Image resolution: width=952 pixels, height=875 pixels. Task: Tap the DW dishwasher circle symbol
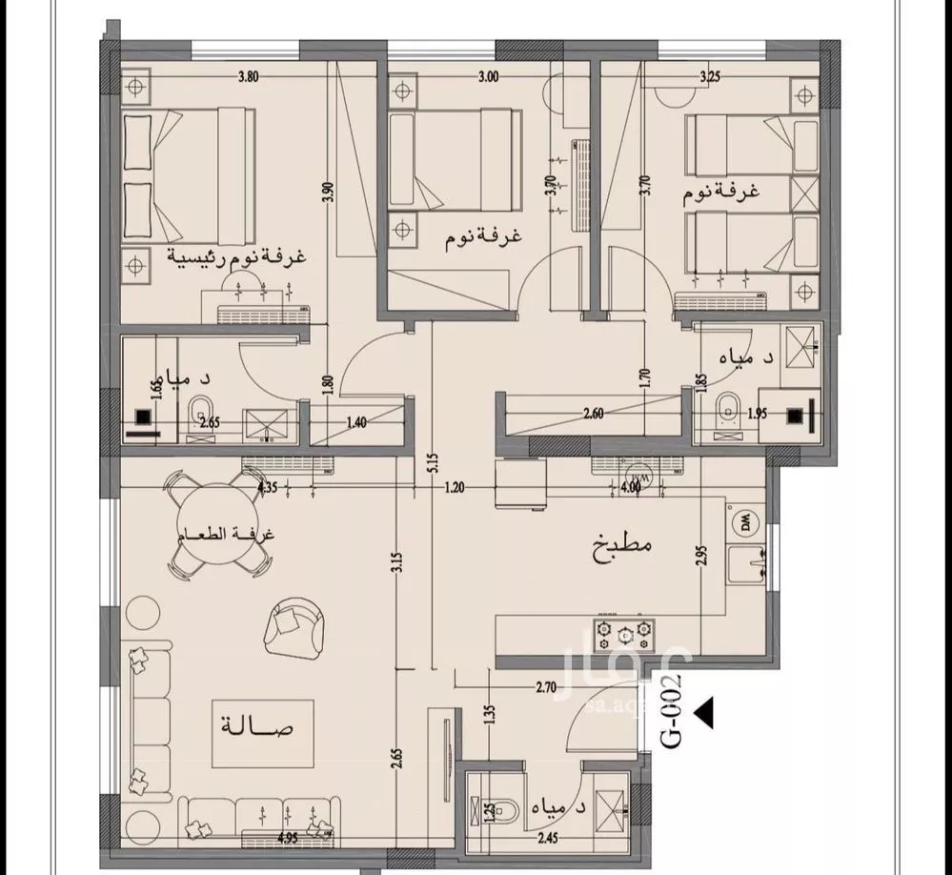tap(741, 522)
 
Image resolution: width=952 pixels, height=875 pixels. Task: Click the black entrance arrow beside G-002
tap(706, 711)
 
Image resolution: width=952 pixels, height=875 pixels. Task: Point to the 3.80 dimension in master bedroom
tap(249, 76)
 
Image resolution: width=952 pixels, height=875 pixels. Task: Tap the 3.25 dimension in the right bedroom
tap(709, 76)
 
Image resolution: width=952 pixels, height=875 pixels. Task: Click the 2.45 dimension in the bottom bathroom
tap(548, 839)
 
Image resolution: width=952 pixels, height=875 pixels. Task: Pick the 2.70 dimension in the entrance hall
tap(546, 686)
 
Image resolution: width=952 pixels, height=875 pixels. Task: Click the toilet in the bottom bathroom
tap(499, 809)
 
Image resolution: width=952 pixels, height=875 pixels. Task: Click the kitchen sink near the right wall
tap(746, 563)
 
